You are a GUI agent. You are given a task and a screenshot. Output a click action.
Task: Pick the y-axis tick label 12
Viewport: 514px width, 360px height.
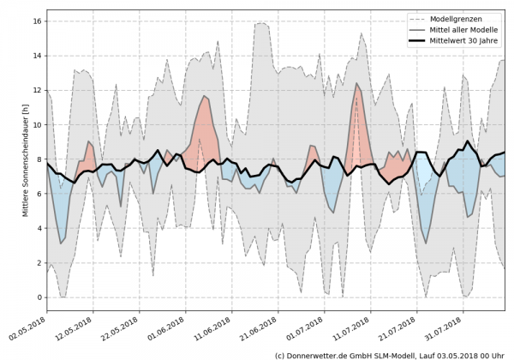(x=39, y=90)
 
